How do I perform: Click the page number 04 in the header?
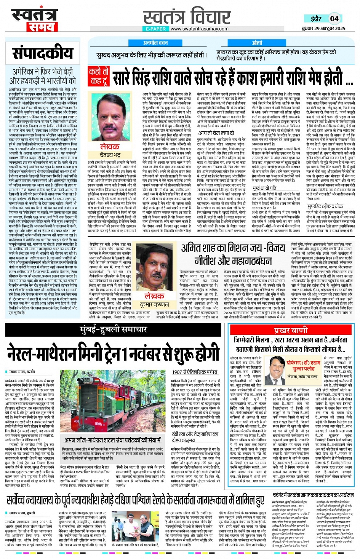334,19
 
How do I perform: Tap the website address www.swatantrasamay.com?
199,29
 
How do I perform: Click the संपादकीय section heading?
42,53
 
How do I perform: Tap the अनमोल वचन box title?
155,43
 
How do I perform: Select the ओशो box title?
256,43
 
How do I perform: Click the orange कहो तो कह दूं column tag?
98,76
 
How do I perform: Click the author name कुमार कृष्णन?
154,304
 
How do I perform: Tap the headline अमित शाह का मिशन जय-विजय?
233,249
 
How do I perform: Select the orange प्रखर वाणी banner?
291,330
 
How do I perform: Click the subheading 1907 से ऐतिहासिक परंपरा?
195,372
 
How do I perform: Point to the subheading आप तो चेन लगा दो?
216,133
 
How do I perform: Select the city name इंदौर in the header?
315,19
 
